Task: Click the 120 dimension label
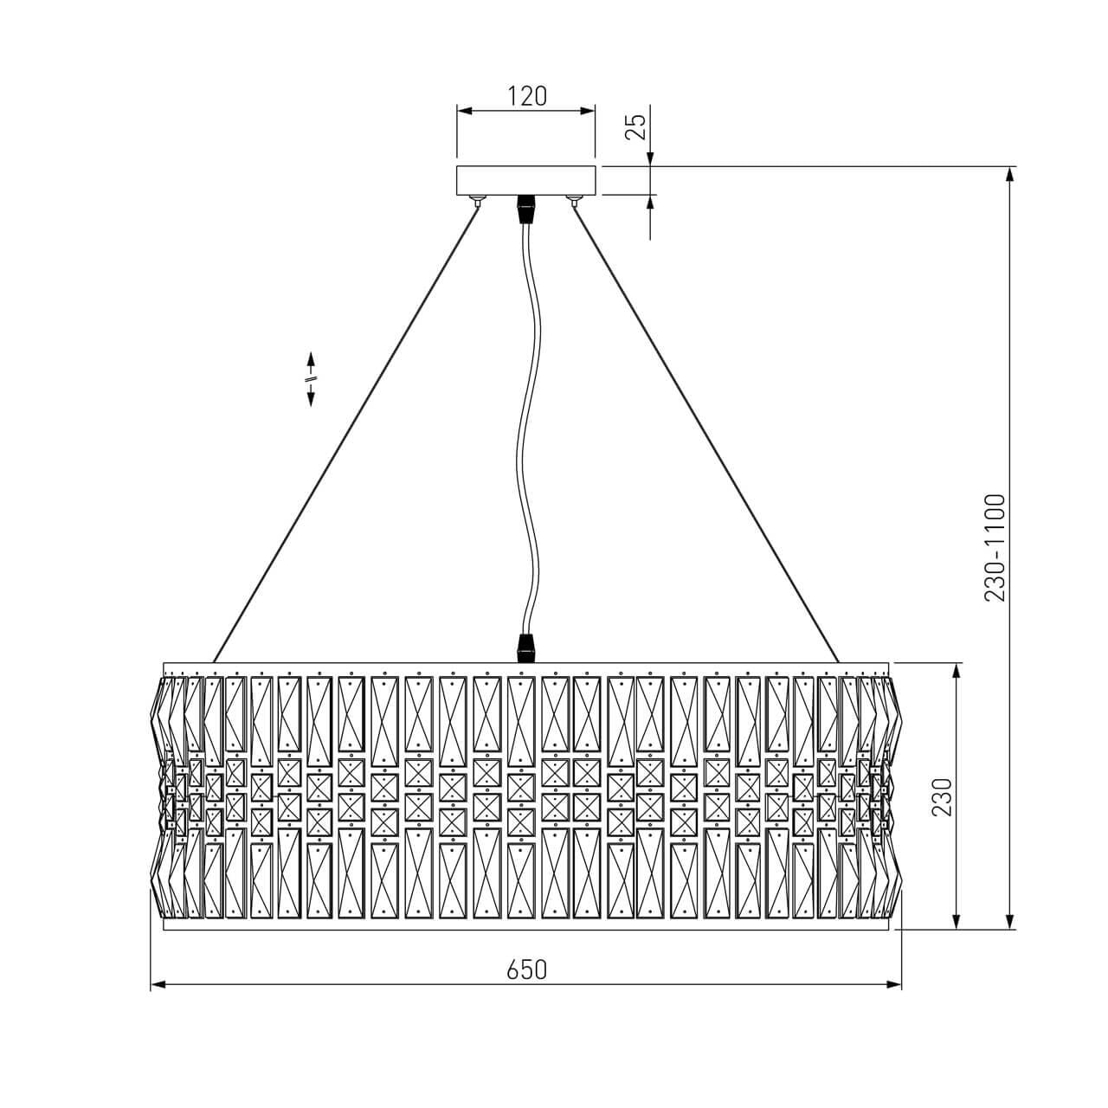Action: pyautogui.click(x=526, y=96)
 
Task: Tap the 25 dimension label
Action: pyautogui.click(x=636, y=127)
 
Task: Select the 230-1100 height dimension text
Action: pyautogui.click(x=995, y=548)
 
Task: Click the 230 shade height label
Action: pyautogui.click(x=942, y=796)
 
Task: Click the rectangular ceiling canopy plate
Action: pyautogui.click(x=525, y=181)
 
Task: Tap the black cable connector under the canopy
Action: pyautogui.click(x=525, y=209)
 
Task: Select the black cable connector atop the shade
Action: pyautogui.click(x=525, y=648)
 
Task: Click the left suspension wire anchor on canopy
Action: pyautogui.click(x=477, y=200)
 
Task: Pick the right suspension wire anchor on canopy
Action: pyautogui.click(x=573, y=200)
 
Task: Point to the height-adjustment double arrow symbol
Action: pyautogui.click(x=311, y=379)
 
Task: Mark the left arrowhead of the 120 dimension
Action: pyautogui.click(x=464, y=111)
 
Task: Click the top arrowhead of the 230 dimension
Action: pyautogui.click(x=957, y=671)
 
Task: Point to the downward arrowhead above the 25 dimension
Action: pyautogui.click(x=650, y=159)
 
